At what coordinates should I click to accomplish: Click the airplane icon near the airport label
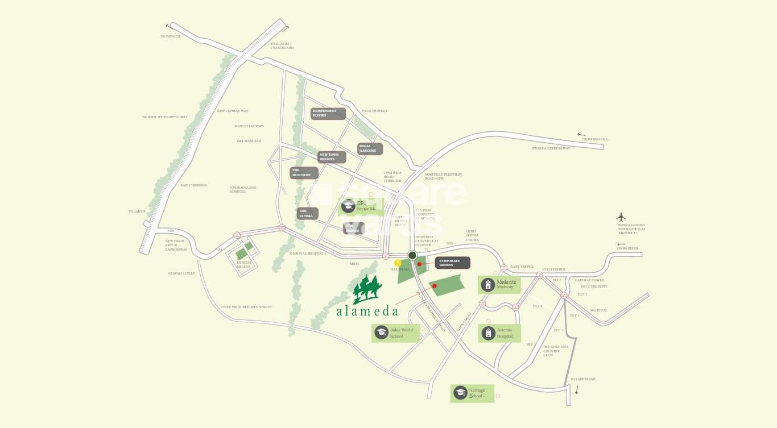pyautogui.click(x=621, y=217)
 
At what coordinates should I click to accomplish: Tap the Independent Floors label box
pyautogui.click(x=328, y=113)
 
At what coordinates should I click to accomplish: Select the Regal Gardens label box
pyautogui.click(x=370, y=148)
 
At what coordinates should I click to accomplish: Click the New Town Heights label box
pyautogui.click(x=332, y=157)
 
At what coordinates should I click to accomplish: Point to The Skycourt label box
pyautogui.click(x=304, y=173)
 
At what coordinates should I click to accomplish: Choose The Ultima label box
pyautogui.click(x=308, y=213)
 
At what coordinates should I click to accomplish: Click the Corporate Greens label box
pyautogui.click(x=453, y=263)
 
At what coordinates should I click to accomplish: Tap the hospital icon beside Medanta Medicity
pyautogui.click(x=487, y=285)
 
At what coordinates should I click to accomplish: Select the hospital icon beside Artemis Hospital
pyautogui.click(x=487, y=333)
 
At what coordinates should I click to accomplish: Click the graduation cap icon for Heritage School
pyautogui.click(x=460, y=393)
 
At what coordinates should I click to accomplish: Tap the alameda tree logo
pyautogui.click(x=367, y=289)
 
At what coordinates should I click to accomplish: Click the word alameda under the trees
pyautogui.click(x=367, y=311)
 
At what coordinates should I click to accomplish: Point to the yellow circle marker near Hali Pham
pyautogui.click(x=398, y=263)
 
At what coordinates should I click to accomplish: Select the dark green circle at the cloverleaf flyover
pyautogui.click(x=412, y=255)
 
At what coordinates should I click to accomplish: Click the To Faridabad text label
pyautogui.click(x=582, y=379)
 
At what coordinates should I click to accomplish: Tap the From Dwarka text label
pyautogui.click(x=595, y=139)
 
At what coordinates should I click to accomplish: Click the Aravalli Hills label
pyautogui.click(x=181, y=273)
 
